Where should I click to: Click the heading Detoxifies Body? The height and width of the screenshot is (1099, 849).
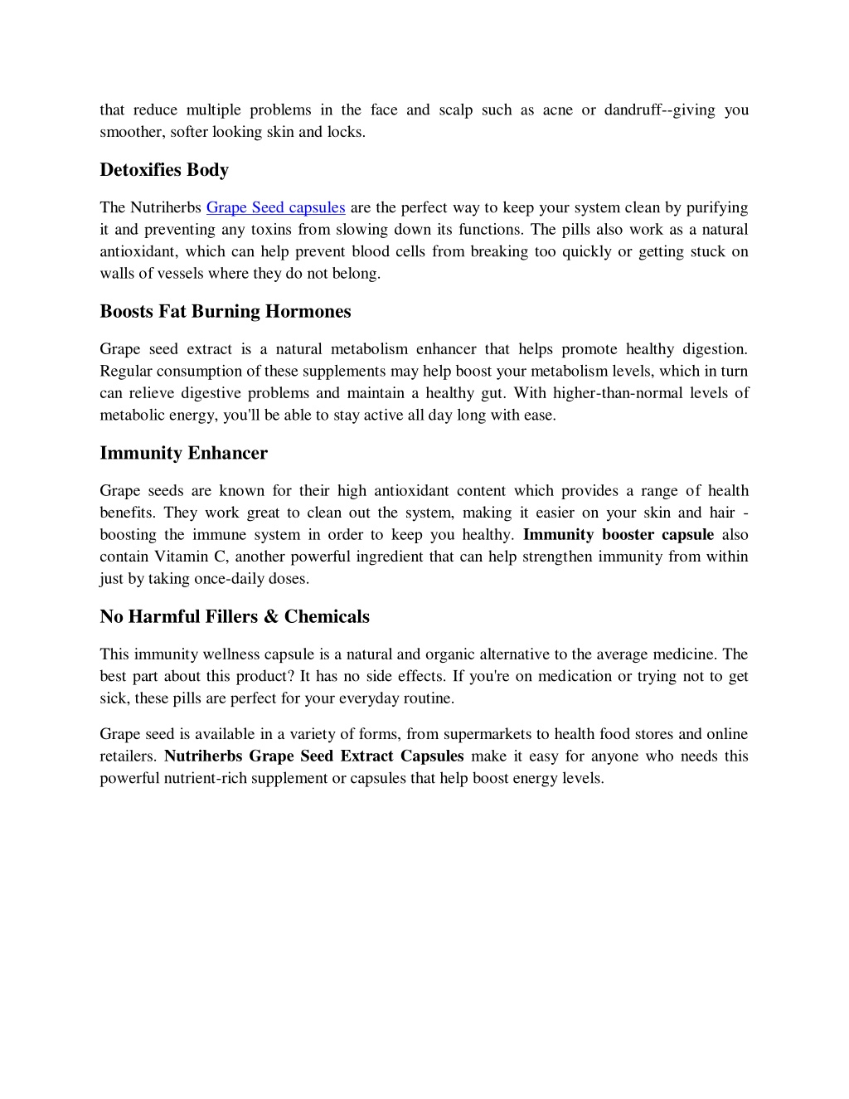(x=164, y=170)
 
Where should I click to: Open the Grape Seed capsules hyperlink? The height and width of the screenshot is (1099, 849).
(x=275, y=207)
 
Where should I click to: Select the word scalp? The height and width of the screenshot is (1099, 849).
(x=455, y=109)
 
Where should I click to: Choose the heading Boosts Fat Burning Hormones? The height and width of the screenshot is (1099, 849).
(x=226, y=312)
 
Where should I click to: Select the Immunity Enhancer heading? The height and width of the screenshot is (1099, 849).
(x=184, y=454)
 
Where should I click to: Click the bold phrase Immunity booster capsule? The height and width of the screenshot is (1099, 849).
(x=619, y=535)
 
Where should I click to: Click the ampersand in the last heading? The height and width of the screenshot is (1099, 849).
(x=271, y=617)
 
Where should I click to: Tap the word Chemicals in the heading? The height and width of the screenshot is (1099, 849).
(x=327, y=617)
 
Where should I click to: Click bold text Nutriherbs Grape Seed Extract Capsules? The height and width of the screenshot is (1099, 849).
(x=314, y=756)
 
